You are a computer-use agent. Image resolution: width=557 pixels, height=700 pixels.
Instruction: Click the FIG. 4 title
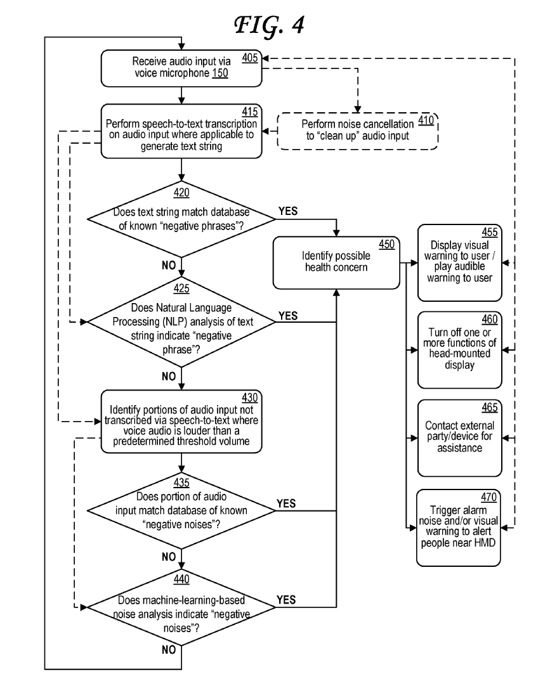270,25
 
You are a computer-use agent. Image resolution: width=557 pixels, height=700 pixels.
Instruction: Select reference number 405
250,58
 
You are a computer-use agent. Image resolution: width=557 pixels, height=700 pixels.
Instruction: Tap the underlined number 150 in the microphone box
220,73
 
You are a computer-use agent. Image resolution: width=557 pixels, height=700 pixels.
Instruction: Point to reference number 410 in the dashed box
426,120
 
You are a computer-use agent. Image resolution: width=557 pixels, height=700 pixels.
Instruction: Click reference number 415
250,112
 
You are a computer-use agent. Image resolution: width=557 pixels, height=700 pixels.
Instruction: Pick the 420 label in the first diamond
181,192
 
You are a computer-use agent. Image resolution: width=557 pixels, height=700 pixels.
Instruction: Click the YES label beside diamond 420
287,211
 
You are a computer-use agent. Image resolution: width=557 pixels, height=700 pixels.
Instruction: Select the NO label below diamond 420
169,265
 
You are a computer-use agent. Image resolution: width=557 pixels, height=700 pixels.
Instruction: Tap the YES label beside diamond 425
287,316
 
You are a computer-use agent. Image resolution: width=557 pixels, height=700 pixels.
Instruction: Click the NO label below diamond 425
169,377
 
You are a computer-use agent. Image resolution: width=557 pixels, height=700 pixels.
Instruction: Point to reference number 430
250,398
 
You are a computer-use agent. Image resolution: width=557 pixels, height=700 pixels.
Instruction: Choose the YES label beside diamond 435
286,503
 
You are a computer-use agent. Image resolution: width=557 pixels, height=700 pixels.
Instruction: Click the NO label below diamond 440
169,649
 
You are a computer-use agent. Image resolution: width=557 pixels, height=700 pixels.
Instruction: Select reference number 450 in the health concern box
387,244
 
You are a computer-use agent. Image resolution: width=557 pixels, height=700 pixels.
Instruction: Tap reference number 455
490,232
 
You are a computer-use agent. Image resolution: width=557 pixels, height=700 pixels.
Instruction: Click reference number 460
490,319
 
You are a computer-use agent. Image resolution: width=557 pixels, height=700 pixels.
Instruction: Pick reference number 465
490,407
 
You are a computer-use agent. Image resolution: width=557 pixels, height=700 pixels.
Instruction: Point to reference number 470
488,497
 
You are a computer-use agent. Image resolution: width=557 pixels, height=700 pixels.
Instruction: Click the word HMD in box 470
485,543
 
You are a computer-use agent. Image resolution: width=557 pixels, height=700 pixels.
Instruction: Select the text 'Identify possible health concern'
336,262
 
